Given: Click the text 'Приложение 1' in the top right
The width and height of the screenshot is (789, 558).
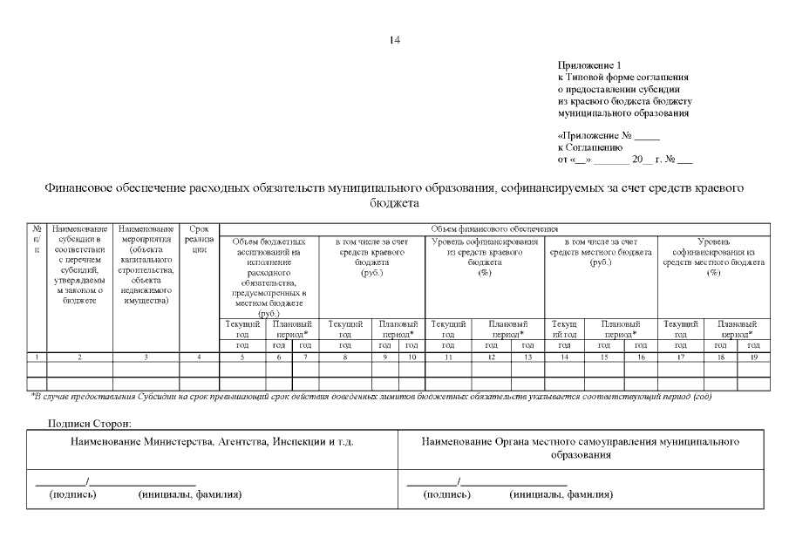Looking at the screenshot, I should pos(590,65).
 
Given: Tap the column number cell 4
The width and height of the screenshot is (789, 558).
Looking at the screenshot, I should pos(199,357).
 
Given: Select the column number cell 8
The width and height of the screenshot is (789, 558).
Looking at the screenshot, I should pos(345,357).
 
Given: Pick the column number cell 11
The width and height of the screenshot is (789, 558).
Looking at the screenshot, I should pos(448,357).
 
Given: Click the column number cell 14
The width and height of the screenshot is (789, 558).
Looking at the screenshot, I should pos(564,357).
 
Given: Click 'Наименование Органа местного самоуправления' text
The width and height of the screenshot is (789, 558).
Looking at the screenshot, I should pos(580,448).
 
